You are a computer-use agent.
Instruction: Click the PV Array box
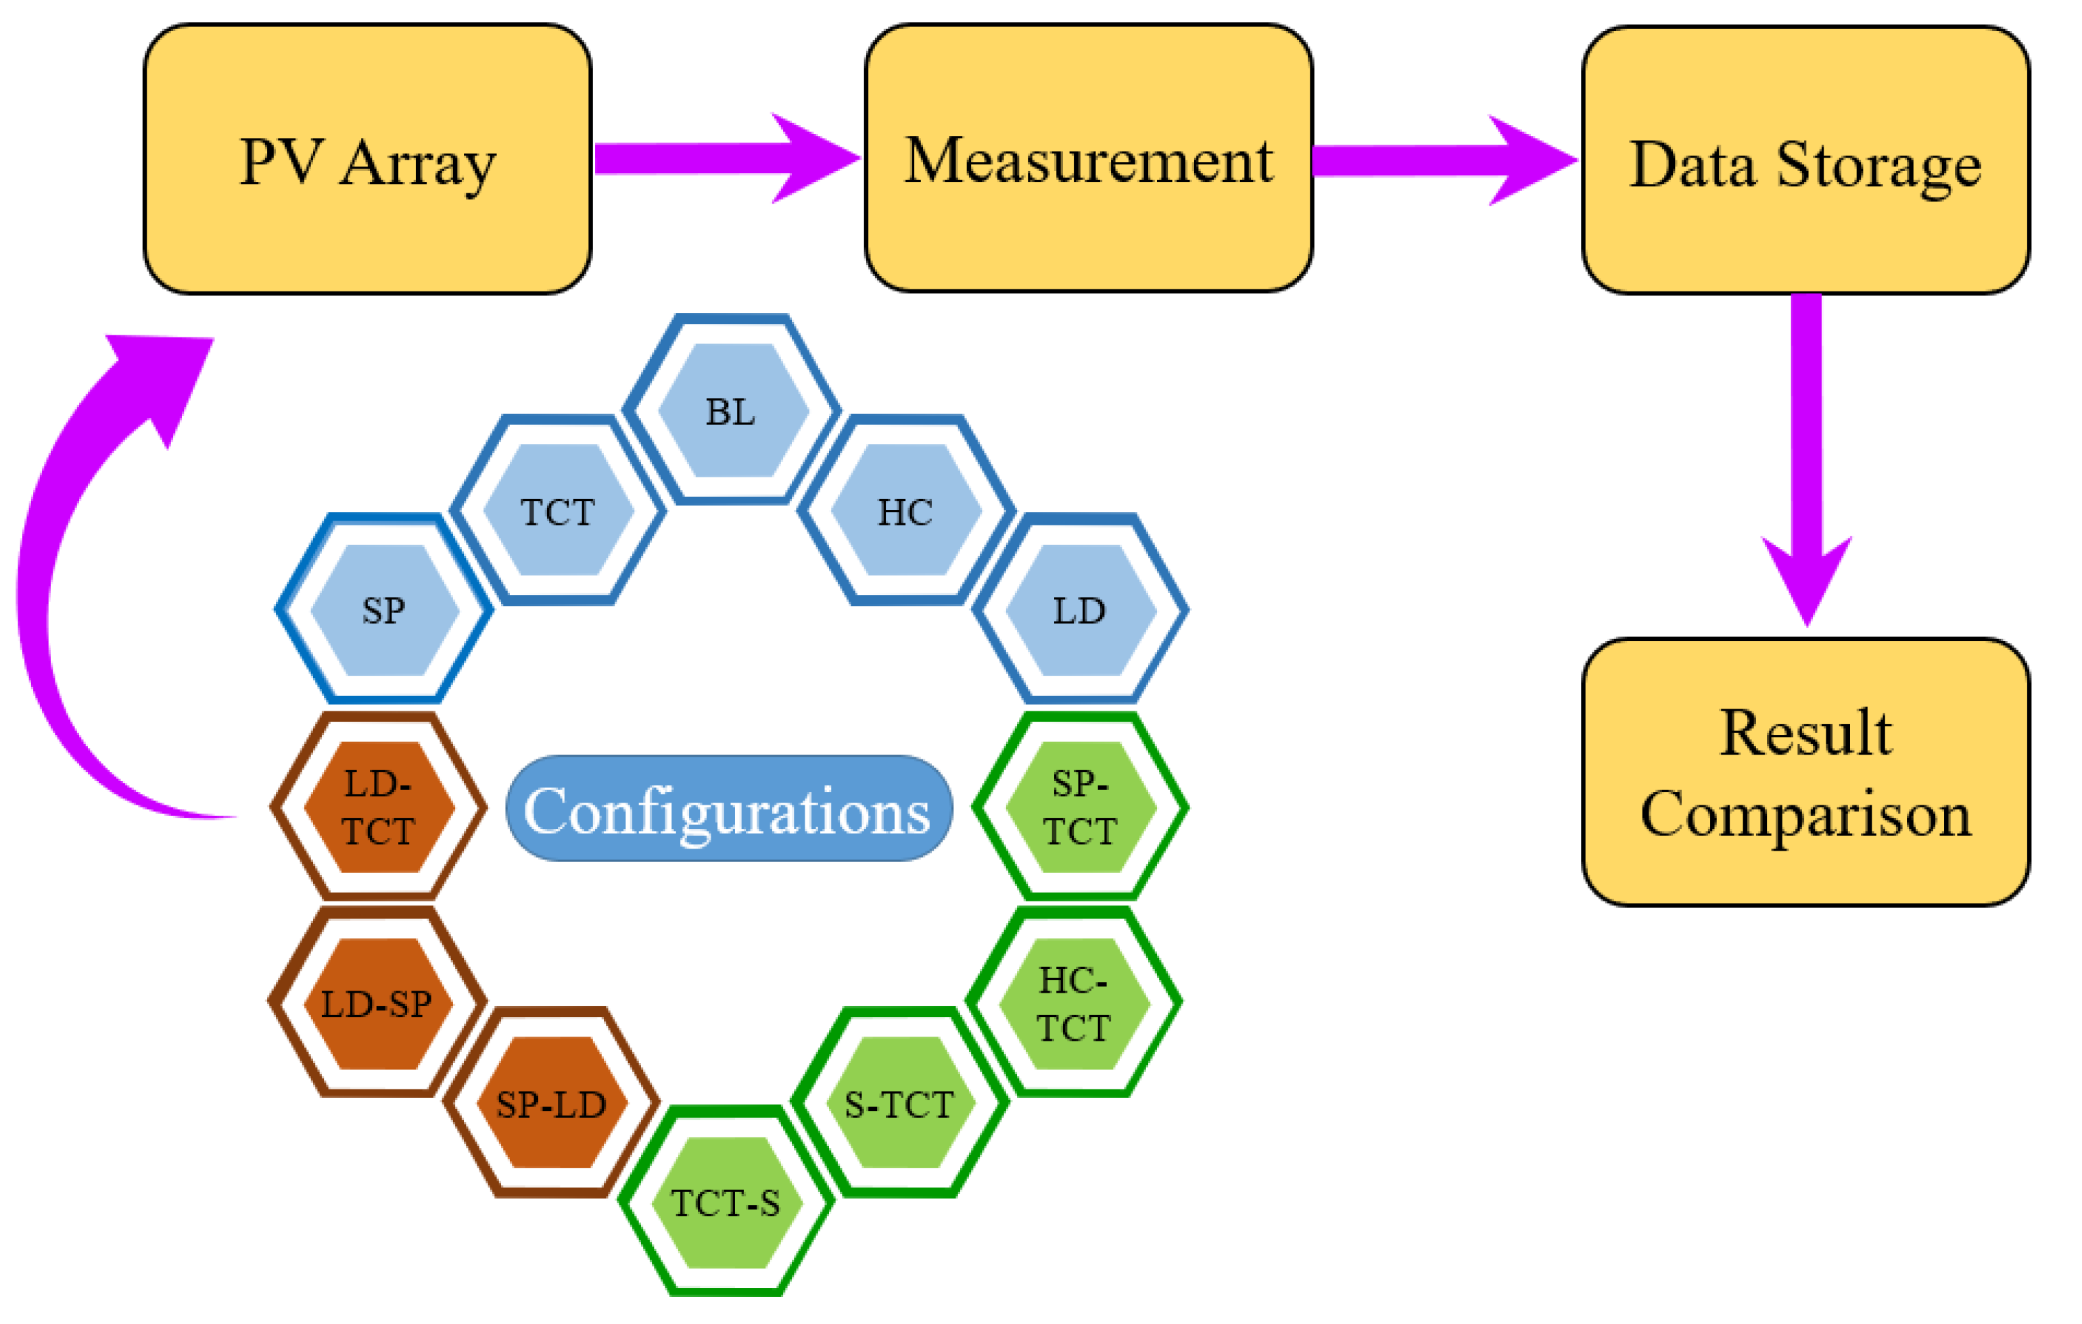367,160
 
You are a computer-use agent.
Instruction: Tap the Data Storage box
1805,162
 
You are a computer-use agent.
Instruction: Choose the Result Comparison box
1805,772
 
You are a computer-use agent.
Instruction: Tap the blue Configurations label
729,809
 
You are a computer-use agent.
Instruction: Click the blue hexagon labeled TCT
559,511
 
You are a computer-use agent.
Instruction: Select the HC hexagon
905,511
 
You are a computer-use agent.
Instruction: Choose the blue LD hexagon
1081,610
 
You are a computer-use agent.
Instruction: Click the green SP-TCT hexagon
1081,807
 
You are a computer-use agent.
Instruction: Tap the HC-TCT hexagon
1074,1004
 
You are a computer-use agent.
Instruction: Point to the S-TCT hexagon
899,1104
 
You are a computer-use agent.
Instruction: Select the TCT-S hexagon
726,1203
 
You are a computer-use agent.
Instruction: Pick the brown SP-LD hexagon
552,1104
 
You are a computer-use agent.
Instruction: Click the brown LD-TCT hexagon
379,807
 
